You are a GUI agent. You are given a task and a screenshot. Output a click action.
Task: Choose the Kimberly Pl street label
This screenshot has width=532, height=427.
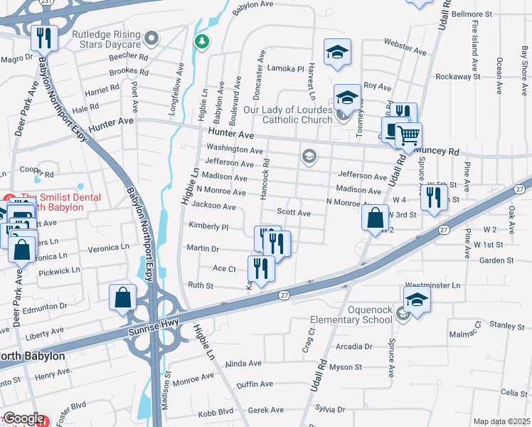coord(208,227)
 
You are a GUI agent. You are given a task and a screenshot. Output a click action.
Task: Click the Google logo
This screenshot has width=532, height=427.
coord(23,418)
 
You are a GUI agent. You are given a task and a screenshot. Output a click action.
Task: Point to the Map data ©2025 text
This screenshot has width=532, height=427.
coord(501,421)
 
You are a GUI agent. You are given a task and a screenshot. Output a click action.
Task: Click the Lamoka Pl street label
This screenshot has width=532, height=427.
coord(284,68)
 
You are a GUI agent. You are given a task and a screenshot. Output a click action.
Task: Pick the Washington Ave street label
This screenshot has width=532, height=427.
coord(234,149)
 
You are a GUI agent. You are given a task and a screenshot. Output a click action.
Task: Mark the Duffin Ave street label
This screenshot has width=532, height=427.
coord(255,384)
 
